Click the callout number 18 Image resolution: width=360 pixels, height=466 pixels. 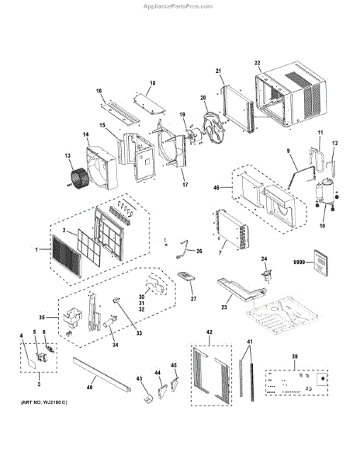[152, 82]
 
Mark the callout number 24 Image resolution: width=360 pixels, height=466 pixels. [264, 259]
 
